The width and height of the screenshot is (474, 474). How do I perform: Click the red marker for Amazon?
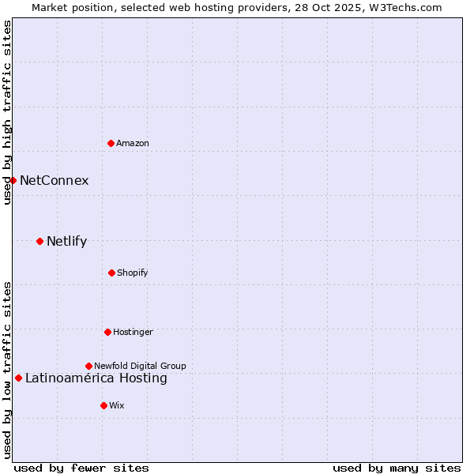[111, 143]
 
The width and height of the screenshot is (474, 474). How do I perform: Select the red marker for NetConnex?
[13, 180]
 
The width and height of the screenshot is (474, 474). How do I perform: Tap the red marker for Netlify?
[39, 241]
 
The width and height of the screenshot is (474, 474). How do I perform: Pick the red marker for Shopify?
[111, 273]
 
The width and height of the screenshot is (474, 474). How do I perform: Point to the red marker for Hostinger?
[107, 332]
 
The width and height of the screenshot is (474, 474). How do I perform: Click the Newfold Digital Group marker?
[88, 366]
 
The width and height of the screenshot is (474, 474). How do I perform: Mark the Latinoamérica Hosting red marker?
[18, 378]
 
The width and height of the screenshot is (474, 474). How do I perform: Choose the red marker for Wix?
[103, 405]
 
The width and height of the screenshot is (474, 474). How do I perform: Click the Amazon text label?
[133, 143]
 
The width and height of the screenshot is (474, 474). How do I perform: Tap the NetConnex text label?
[55, 180]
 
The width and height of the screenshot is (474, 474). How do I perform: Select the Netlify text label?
[67, 241]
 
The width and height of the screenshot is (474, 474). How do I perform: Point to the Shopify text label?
[133, 273]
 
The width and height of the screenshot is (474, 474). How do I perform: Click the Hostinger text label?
[133, 332]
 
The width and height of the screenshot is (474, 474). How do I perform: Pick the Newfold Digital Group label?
[140, 366]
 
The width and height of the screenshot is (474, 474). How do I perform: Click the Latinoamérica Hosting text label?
[96, 378]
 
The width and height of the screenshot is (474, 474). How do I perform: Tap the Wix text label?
[117, 405]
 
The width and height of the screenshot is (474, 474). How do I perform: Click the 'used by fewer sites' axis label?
[81, 468]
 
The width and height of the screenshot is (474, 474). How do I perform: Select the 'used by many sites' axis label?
[397, 468]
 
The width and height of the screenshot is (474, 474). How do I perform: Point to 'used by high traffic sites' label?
[7, 112]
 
